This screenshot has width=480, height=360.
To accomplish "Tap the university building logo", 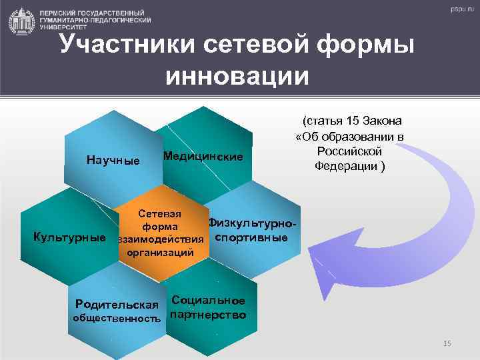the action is pyautogui.click(x=21, y=21).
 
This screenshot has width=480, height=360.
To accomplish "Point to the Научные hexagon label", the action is pyautogui.click(x=113, y=160).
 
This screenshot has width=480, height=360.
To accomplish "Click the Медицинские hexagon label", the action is pyautogui.click(x=203, y=156).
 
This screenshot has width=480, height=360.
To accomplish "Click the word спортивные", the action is pyautogui.click(x=249, y=237).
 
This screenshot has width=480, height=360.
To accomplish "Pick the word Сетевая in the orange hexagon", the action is pyautogui.click(x=159, y=214).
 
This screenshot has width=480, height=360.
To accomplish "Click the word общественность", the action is pyautogui.click(x=117, y=319).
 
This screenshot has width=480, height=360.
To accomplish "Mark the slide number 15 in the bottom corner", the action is pyautogui.click(x=447, y=343).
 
